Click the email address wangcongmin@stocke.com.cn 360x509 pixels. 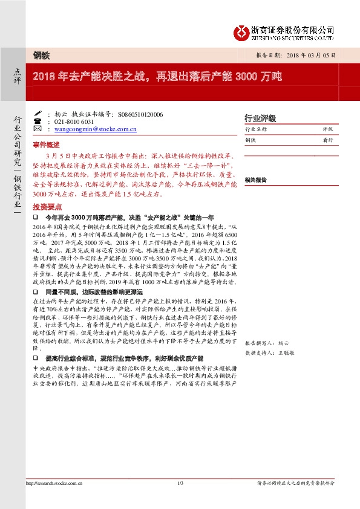click(95, 129)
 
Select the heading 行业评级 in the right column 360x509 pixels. click(259, 118)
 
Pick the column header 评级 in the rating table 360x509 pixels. click(328, 129)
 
